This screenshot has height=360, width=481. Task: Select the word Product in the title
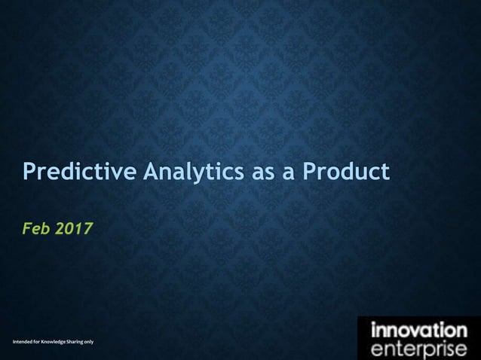point(346,172)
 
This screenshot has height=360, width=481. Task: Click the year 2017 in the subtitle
point(76,227)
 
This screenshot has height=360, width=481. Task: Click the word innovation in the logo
point(418,331)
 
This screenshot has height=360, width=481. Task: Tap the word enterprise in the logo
point(418,349)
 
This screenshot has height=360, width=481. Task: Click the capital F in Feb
point(27,227)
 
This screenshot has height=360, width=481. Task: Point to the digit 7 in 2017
point(90,227)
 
